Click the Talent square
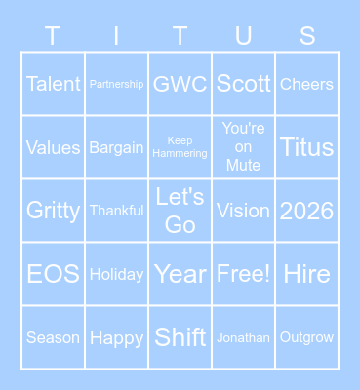coord(54,84)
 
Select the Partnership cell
coord(117,84)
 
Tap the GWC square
coord(180,84)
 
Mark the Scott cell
coord(244,84)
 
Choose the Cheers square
coord(307,84)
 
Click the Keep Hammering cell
coord(180,147)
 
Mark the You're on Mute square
coord(244,147)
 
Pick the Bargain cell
coord(117,147)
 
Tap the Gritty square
coord(54,211)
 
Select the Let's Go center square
coord(180,211)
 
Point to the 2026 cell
coord(307,211)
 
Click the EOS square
coord(54,274)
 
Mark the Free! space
coord(244,274)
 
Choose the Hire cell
coord(307,274)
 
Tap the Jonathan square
coord(244,337)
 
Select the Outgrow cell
coord(307,337)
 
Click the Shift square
coord(180,337)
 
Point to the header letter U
coord(244,36)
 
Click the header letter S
coord(307,36)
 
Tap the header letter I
coord(117,36)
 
